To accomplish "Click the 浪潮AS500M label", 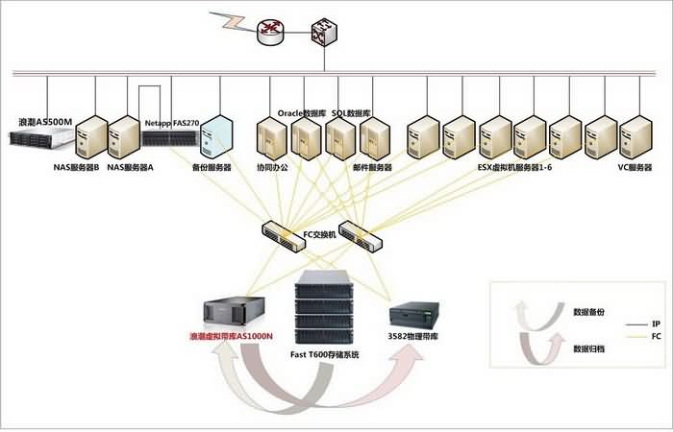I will [45, 123].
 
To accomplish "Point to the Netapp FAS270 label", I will [171, 124].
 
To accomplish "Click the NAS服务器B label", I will [76, 167].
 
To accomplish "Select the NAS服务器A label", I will [130, 167].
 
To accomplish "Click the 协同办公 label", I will [272, 167].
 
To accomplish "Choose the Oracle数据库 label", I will [301, 112].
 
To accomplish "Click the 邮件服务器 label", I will [373, 167].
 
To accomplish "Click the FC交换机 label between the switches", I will [320, 233].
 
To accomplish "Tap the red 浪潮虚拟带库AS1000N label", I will [232, 337].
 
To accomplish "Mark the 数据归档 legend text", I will [588, 348].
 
